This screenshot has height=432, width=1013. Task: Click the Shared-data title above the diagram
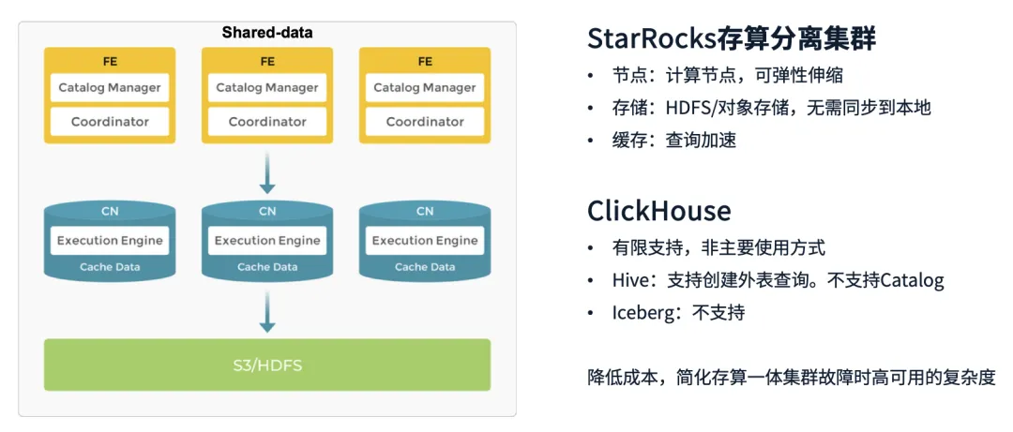(x=266, y=32)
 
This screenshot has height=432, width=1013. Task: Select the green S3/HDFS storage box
(x=266, y=365)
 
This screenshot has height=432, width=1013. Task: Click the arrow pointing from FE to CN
(x=267, y=172)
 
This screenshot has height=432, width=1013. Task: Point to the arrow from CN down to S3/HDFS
(x=267, y=311)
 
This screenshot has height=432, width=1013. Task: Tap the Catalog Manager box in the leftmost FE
(x=110, y=88)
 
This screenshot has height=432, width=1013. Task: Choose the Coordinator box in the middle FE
(x=267, y=122)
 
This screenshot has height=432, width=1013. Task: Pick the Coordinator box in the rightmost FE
(x=425, y=122)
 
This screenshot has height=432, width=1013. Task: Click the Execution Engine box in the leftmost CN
(x=110, y=241)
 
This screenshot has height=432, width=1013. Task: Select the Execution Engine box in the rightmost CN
(x=425, y=241)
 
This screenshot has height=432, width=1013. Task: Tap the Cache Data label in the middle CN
(x=267, y=267)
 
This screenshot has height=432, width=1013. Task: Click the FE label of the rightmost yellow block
(x=425, y=62)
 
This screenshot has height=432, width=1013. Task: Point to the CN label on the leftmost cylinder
(x=110, y=212)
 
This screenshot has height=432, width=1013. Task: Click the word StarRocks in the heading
(x=651, y=40)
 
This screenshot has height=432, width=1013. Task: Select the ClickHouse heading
(x=659, y=211)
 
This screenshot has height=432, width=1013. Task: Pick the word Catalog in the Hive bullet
(x=913, y=281)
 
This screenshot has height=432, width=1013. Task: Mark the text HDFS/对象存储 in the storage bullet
(x=730, y=108)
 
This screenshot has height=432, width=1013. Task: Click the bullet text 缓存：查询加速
(x=674, y=141)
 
